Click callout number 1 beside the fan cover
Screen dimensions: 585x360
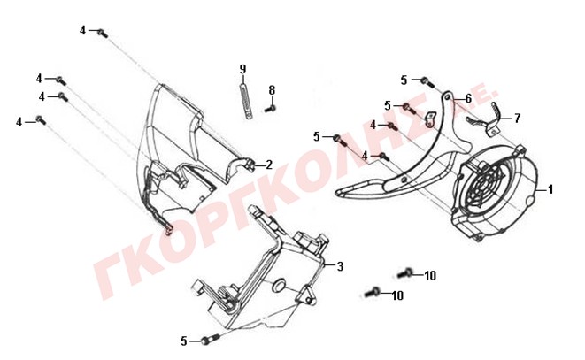click(x=550, y=189)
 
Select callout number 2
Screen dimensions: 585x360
click(x=269, y=165)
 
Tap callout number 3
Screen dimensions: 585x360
click(x=340, y=266)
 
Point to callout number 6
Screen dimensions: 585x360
click(x=468, y=98)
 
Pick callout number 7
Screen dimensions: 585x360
click(x=517, y=119)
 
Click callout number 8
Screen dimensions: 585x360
click(x=272, y=90)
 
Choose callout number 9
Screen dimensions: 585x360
click(x=242, y=69)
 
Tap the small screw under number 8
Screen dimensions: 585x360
click(x=271, y=109)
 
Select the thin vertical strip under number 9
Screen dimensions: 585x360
click(x=245, y=100)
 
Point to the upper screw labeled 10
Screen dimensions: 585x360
click(x=404, y=273)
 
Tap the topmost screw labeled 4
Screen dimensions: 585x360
click(x=103, y=34)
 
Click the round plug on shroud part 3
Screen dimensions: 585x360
click(x=279, y=285)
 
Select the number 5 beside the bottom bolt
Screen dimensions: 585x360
click(x=183, y=341)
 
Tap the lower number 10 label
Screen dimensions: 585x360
click(x=398, y=295)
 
